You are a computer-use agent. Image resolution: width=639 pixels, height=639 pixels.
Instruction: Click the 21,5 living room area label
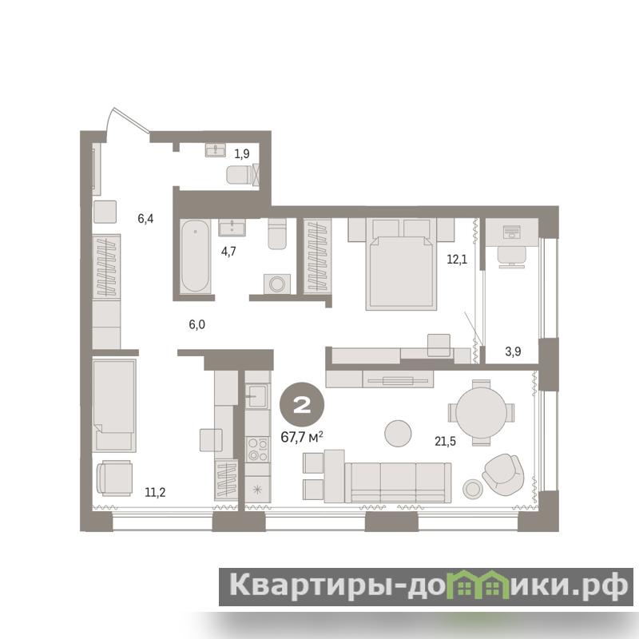click(445, 441)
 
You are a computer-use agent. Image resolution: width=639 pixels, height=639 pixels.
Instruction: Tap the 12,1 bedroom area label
click(457, 259)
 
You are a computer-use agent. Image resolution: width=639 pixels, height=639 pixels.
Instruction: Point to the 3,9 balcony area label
click(513, 351)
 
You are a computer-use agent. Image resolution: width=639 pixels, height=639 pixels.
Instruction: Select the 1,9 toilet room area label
click(242, 153)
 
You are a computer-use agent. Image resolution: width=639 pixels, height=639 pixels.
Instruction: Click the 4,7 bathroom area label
click(228, 252)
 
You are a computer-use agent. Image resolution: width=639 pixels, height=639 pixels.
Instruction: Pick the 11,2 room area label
click(155, 492)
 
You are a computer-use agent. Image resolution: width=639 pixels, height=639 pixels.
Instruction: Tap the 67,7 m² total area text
click(302, 437)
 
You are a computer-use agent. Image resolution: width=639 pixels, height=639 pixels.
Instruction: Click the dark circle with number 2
click(302, 405)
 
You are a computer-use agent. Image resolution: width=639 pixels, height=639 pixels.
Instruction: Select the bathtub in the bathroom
click(195, 256)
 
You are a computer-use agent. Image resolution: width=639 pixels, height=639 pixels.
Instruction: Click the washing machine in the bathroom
click(277, 284)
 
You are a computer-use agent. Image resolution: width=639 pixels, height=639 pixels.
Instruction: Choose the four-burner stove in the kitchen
click(257, 449)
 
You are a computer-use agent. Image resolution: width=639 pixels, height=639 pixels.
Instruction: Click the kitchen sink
click(257, 395)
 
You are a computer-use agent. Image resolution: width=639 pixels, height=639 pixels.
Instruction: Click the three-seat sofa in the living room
click(398, 482)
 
